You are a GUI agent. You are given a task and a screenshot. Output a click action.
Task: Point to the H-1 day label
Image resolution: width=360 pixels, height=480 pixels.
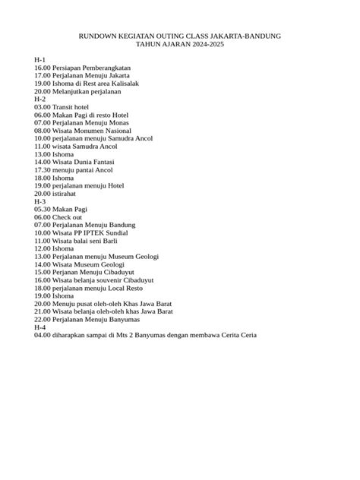click(x=40, y=59)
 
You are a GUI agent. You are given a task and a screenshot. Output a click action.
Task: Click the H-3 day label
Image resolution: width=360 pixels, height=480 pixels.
click(x=40, y=201)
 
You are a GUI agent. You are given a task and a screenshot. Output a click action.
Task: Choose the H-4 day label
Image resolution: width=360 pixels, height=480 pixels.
click(x=40, y=327)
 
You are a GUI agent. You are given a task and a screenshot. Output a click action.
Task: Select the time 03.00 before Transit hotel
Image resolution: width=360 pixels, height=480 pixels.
click(x=42, y=107)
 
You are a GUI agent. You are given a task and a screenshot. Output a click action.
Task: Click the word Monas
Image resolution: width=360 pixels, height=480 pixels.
click(x=118, y=122)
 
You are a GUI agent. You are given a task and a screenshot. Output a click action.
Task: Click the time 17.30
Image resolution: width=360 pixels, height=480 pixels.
click(x=42, y=169)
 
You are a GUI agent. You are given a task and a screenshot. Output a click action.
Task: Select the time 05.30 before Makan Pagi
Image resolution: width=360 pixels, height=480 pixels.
click(x=42, y=209)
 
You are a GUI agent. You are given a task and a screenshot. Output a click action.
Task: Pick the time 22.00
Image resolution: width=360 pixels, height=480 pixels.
click(x=42, y=319)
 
